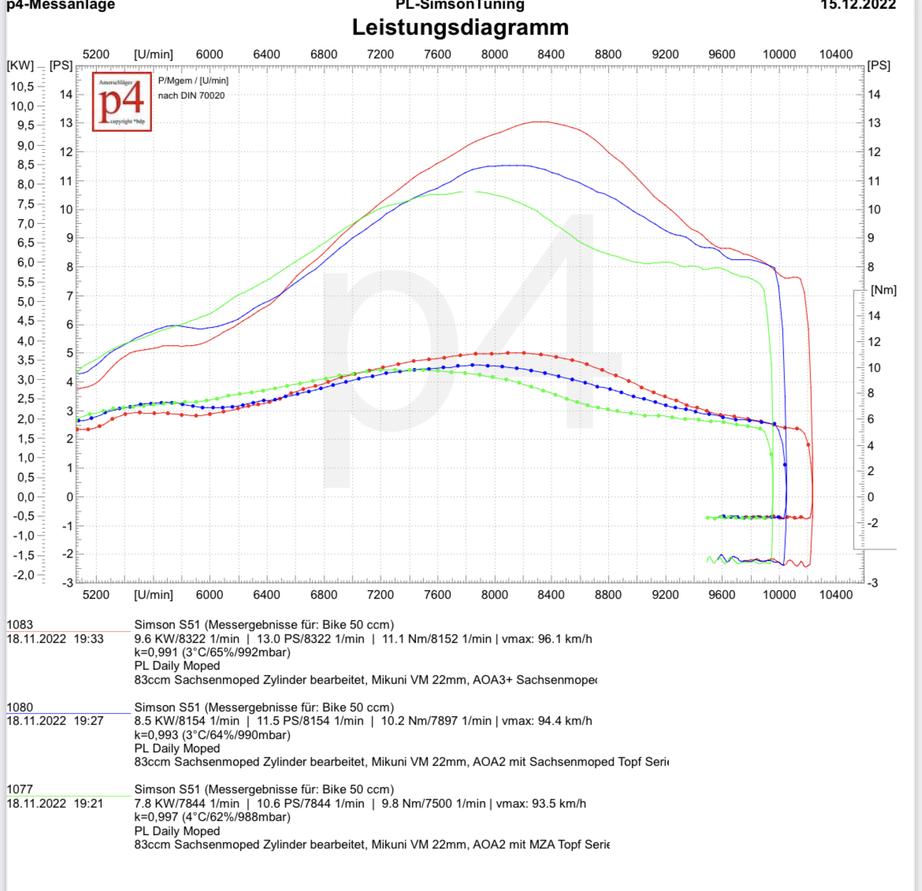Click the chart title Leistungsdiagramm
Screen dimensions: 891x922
(x=460, y=28)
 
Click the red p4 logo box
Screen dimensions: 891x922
(x=122, y=102)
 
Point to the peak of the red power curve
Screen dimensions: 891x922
(x=540, y=121)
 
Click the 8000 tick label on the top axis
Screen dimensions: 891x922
(x=494, y=54)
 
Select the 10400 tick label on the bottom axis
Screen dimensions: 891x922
(x=835, y=595)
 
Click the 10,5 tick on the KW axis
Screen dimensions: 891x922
(x=22, y=87)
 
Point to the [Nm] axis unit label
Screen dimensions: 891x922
(x=883, y=290)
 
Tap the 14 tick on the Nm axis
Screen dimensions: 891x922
(x=874, y=316)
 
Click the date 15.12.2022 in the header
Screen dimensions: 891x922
(x=858, y=5)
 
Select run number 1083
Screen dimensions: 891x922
(x=20, y=625)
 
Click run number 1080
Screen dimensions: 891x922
(x=20, y=707)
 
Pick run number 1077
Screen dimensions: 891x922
(x=20, y=789)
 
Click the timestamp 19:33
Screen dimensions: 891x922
(x=88, y=639)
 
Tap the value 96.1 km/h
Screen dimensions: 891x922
(x=564, y=639)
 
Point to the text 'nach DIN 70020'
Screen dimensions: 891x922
(x=191, y=96)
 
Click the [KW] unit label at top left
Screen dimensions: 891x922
(x=20, y=65)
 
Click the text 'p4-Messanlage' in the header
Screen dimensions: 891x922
(x=61, y=6)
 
